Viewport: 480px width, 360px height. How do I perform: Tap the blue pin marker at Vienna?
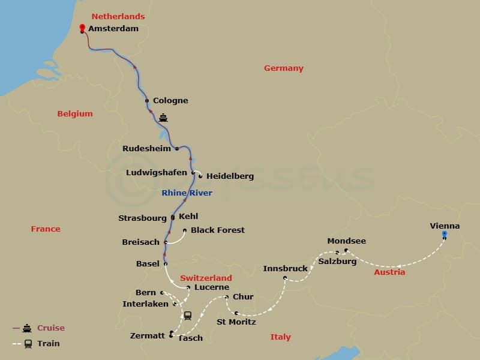(444, 234)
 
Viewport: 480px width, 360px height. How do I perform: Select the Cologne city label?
(170, 101)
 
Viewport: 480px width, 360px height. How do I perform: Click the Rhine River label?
(187, 193)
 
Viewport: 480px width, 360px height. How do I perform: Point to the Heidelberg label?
(230, 176)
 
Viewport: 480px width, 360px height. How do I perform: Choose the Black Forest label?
(218, 230)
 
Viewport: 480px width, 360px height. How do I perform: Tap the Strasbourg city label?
(142, 218)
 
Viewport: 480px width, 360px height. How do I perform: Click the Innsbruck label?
(285, 268)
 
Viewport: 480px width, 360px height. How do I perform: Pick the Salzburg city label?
(337, 261)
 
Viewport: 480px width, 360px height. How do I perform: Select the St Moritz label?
(236, 322)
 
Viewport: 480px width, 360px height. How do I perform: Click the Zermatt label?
(147, 335)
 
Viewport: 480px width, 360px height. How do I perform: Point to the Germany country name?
(284, 68)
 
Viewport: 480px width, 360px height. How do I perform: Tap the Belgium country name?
(75, 114)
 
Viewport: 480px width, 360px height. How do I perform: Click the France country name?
(46, 229)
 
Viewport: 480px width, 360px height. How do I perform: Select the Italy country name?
(280, 337)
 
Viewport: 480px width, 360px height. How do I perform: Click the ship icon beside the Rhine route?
(163, 118)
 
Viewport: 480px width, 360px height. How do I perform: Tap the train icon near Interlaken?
(187, 315)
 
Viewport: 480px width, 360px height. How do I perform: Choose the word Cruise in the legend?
(51, 328)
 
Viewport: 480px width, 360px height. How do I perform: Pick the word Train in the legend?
(49, 344)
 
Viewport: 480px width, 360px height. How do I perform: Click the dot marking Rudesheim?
(177, 148)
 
